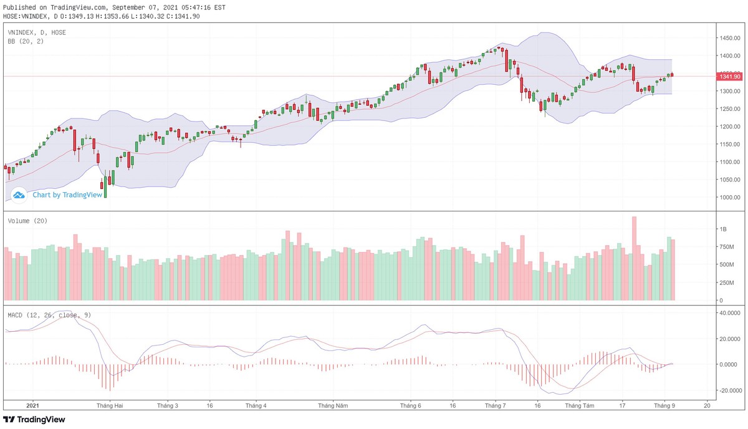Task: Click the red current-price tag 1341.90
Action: (729, 77)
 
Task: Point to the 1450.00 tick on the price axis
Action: (729, 38)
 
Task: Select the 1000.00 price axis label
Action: (729, 197)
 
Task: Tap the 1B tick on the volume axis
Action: (723, 229)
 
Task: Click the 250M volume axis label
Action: (726, 282)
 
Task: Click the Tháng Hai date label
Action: (109, 405)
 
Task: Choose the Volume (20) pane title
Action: (27, 221)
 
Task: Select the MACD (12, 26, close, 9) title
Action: (49, 315)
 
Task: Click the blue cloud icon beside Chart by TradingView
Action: (19, 195)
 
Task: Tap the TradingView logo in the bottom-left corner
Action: (34, 420)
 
